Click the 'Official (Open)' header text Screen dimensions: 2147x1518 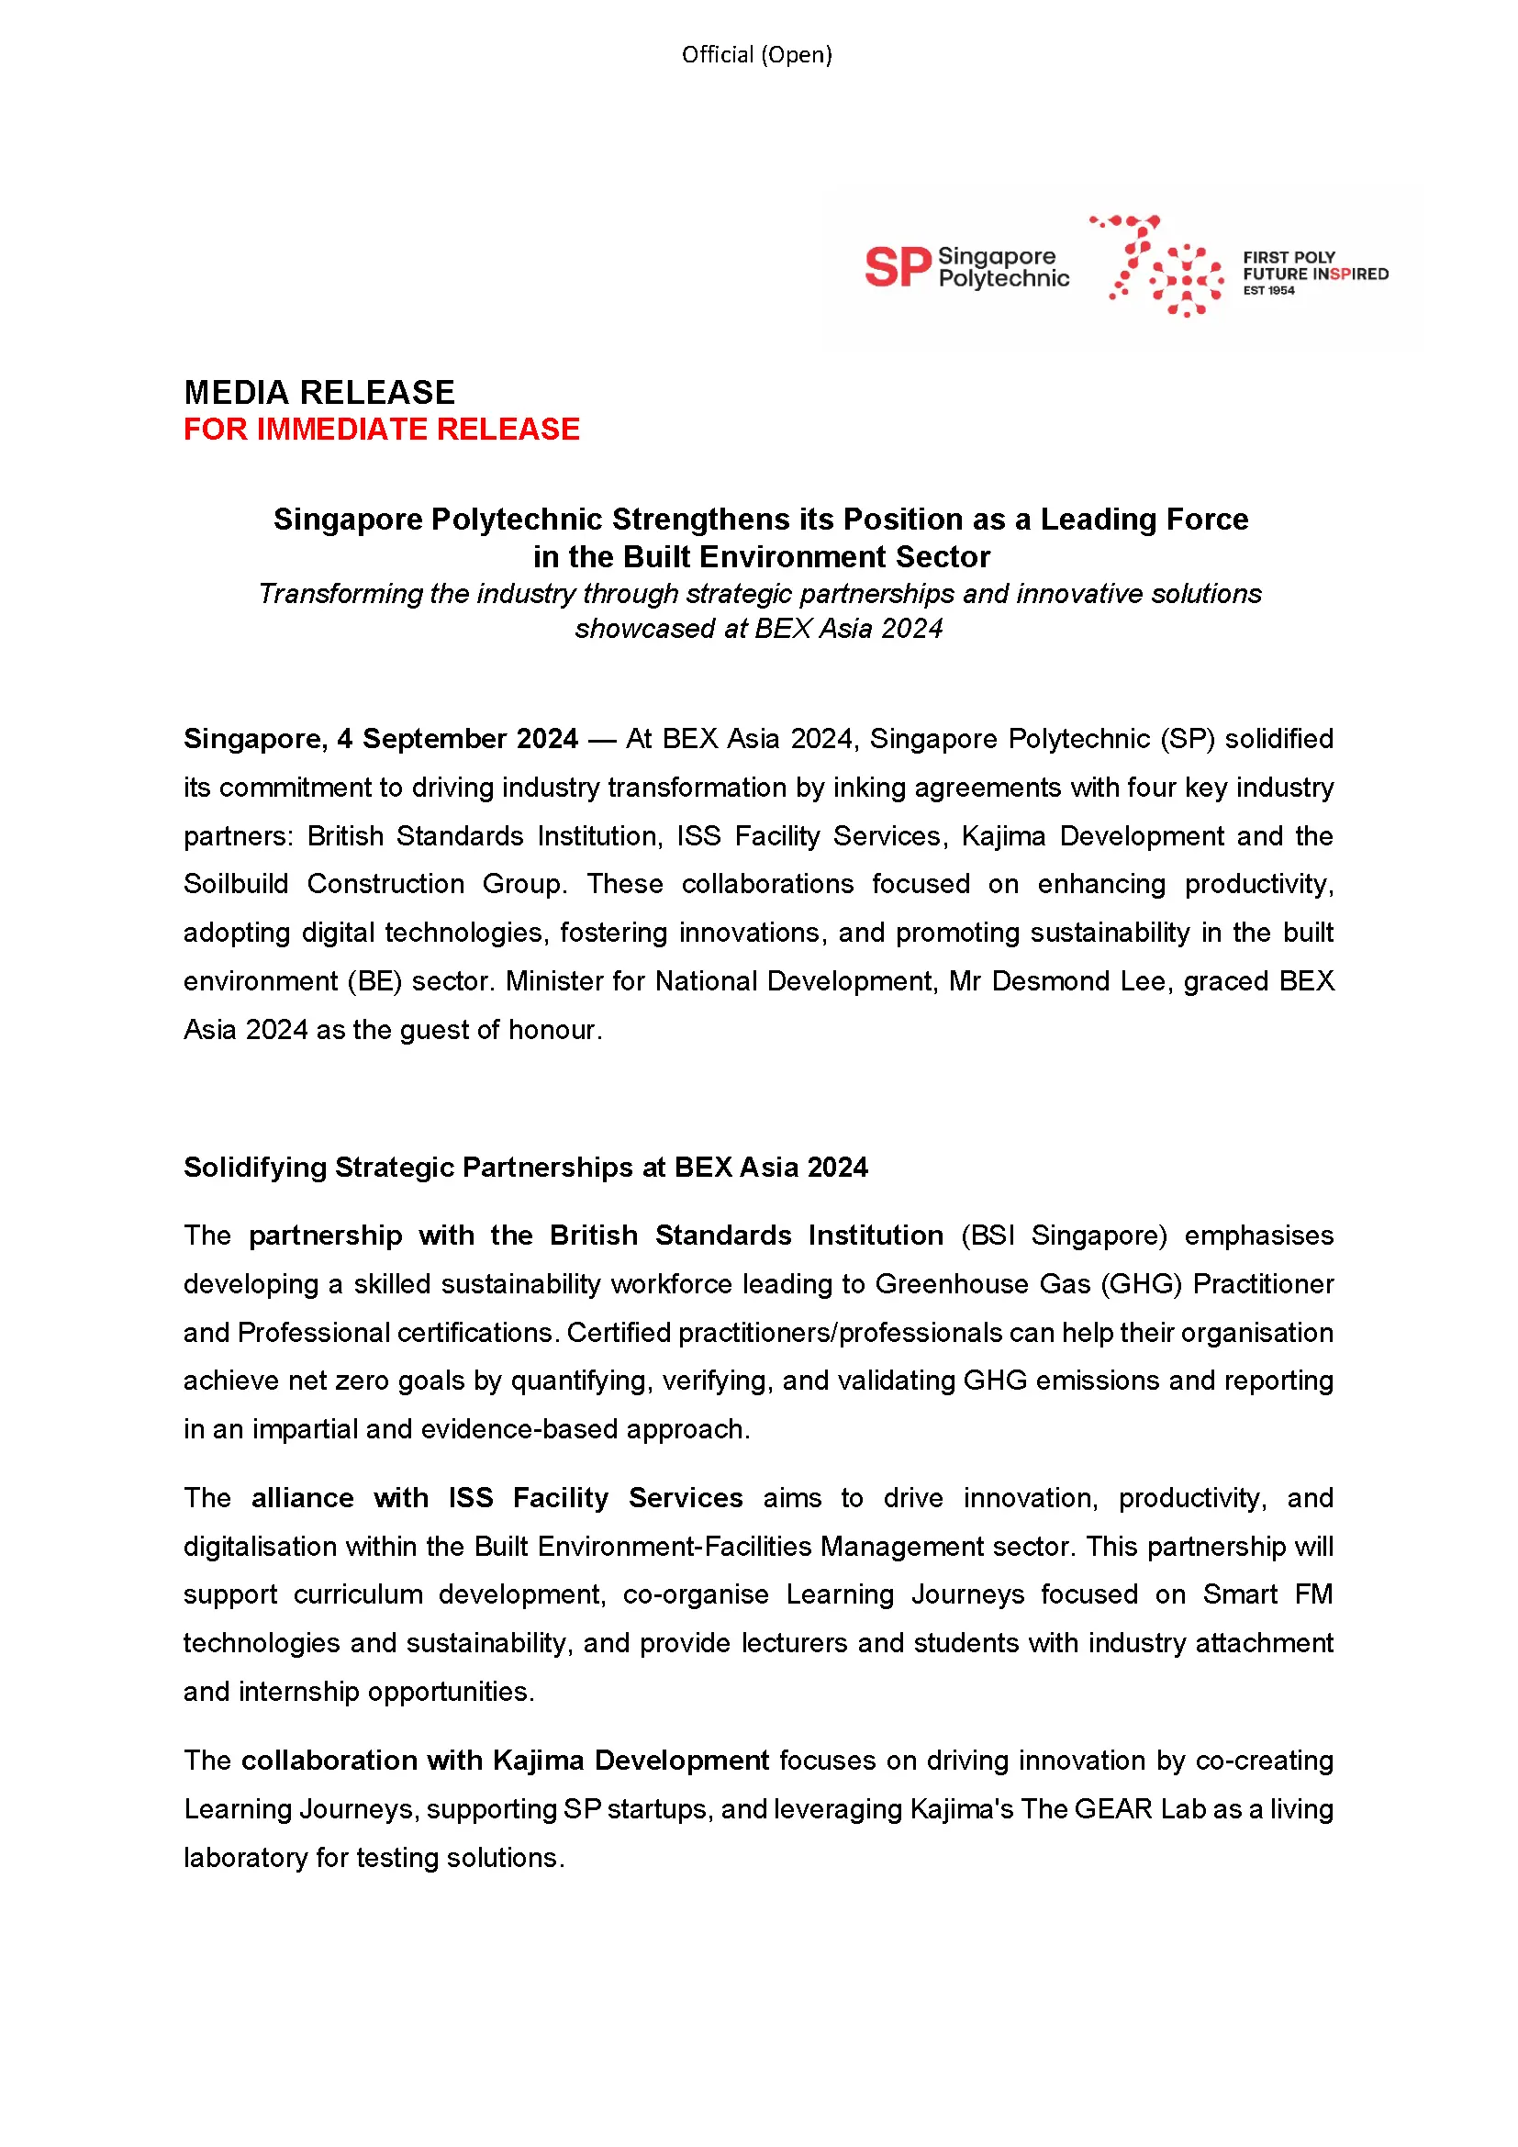click(756, 55)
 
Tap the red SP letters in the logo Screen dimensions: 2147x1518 click(898, 267)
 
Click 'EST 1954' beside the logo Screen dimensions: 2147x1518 click(1268, 291)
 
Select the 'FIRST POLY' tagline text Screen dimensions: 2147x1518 click(1288, 257)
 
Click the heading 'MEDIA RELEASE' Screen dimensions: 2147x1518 click(318, 392)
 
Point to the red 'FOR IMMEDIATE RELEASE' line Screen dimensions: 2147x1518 click(382, 430)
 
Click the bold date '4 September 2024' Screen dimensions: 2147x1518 click(457, 739)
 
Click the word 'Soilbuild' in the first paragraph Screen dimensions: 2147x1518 click(236, 884)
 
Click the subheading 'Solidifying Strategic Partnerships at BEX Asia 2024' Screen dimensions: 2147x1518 click(525, 1167)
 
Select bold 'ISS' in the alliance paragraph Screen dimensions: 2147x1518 click(470, 1498)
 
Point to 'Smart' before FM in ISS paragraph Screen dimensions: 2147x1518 click(1239, 1594)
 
